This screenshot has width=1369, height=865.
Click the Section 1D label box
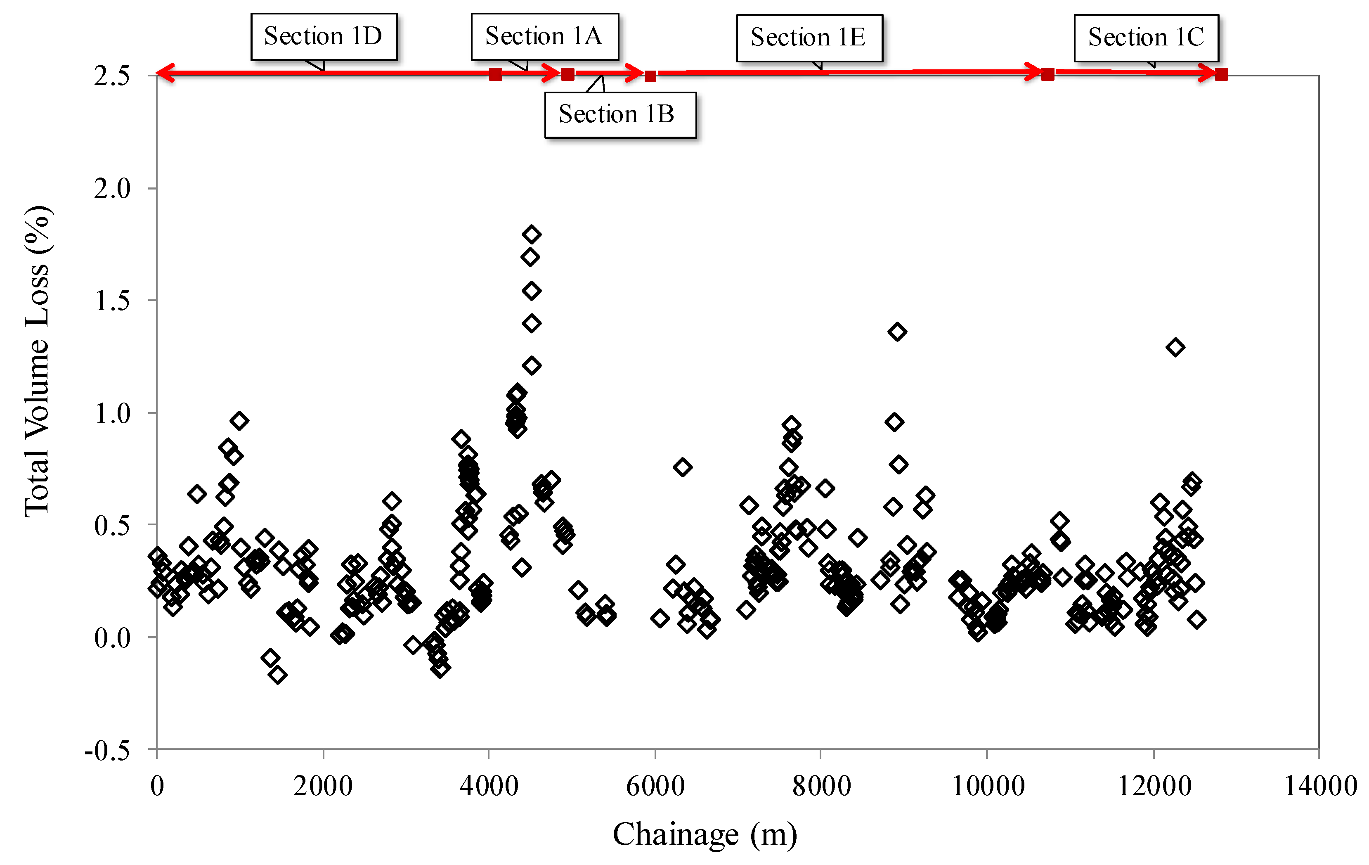click(324, 36)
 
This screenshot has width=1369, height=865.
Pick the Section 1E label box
click(809, 38)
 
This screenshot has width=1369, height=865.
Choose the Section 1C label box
click(1146, 38)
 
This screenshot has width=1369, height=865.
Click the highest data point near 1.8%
click(532, 234)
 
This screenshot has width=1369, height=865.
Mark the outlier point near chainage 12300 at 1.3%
click(1175, 347)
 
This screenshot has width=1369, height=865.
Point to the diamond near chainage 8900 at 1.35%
click(897, 332)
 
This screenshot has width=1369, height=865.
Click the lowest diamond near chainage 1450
click(277, 675)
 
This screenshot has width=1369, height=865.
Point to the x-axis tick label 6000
click(655, 787)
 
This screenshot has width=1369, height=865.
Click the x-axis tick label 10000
click(988, 787)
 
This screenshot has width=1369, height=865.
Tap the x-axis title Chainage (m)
click(705, 835)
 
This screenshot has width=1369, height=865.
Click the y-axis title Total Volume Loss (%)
click(38, 362)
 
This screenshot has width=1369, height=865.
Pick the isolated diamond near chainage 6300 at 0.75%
click(682, 467)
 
